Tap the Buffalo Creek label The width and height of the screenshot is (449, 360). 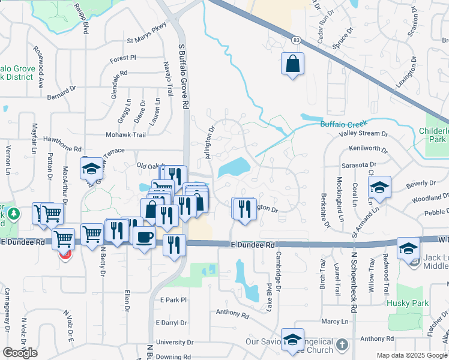point(342,124)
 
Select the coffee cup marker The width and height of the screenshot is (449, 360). point(144,237)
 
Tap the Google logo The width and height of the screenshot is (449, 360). point(20,353)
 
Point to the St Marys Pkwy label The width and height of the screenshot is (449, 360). point(146,43)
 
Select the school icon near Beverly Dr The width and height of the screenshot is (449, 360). point(379,188)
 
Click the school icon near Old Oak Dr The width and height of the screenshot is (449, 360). point(91,169)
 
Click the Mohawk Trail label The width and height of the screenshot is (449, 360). point(126,135)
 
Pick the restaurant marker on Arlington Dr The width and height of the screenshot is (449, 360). point(244,209)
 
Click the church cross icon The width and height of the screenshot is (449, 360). point(342,345)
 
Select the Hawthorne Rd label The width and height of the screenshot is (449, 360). point(62,143)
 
